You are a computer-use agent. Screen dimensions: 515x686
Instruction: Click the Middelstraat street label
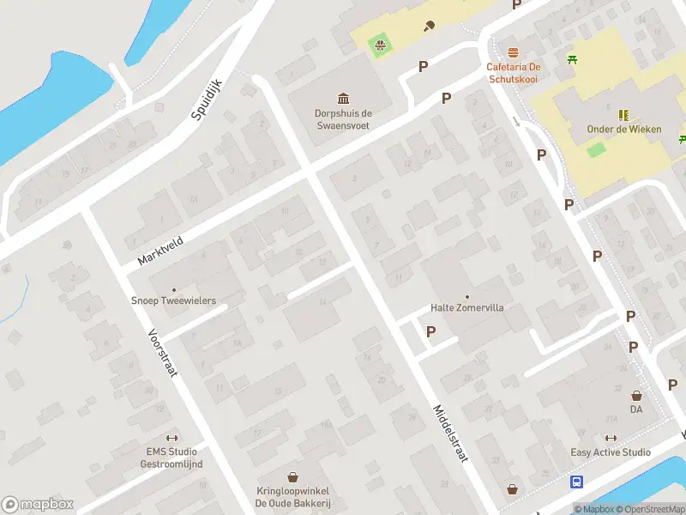(x=450, y=433)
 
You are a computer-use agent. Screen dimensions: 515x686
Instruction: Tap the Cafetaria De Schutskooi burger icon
(x=513, y=52)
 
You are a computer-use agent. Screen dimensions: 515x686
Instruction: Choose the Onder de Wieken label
(x=624, y=130)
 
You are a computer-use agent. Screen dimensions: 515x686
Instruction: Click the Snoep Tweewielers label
(x=173, y=301)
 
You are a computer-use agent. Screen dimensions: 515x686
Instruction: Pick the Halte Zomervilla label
(x=466, y=307)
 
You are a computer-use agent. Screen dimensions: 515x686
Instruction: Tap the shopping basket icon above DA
(x=636, y=396)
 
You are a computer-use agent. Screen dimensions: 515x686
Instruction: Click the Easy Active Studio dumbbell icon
(x=611, y=439)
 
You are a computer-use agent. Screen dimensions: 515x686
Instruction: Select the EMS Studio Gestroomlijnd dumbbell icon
(x=171, y=438)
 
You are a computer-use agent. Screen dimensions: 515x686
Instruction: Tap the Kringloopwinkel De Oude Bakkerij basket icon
(x=293, y=476)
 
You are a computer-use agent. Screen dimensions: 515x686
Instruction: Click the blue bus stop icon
(x=577, y=482)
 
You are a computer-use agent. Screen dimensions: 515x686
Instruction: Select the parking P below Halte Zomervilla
(x=430, y=331)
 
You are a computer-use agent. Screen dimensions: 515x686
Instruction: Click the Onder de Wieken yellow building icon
(x=623, y=114)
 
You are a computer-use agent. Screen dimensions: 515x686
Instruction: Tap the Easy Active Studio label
(x=611, y=452)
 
